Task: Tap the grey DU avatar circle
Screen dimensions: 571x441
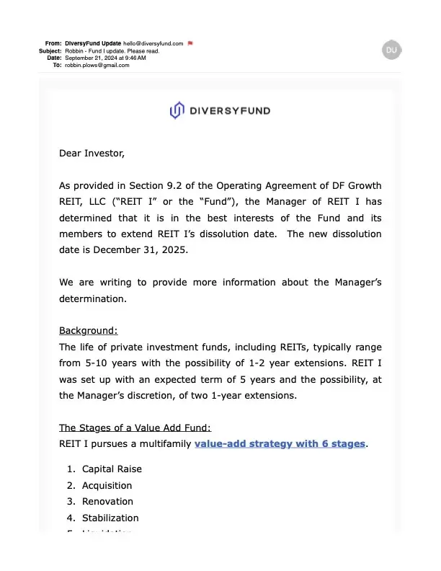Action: click(x=391, y=50)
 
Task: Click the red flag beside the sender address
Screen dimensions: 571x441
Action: click(x=190, y=43)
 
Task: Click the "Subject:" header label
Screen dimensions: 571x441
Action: click(x=50, y=50)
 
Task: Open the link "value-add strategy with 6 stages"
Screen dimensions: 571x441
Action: click(x=280, y=443)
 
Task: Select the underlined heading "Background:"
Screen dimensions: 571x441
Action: click(x=88, y=331)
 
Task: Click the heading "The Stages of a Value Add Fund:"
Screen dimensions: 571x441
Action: click(x=135, y=428)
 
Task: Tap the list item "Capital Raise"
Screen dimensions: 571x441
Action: click(x=112, y=469)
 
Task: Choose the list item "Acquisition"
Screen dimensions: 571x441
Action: click(x=107, y=485)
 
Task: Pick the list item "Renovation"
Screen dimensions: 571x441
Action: click(x=107, y=501)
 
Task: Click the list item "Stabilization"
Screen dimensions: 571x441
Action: click(x=110, y=518)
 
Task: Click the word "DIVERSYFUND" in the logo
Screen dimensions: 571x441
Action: click(x=230, y=111)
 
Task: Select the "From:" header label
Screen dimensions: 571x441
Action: click(x=53, y=43)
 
